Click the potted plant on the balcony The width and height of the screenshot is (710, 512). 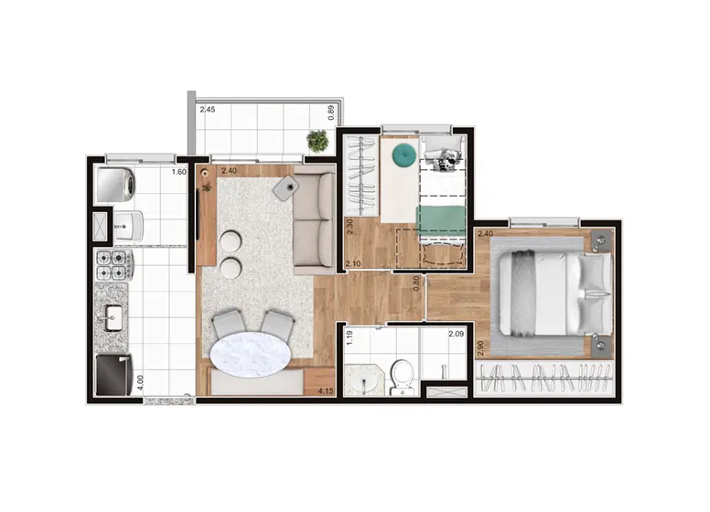point(317,141)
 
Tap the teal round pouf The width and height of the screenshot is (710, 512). point(403,155)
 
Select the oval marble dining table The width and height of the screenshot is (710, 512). point(251,355)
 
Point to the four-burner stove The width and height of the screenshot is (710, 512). point(113,265)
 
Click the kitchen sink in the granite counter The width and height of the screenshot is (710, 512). point(113,318)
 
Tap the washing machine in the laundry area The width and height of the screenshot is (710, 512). point(116,185)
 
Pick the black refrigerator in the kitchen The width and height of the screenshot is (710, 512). point(113,375)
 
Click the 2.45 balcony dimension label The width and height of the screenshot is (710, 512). point(208,110)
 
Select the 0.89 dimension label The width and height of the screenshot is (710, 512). point(330,112)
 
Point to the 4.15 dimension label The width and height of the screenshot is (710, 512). point(326,391)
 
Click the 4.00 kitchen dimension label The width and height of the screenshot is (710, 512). point(140,382)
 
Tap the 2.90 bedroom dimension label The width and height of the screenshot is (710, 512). point(481,348)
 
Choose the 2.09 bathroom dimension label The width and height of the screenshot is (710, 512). point(456,335)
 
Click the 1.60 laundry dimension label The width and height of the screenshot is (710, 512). point(178,172)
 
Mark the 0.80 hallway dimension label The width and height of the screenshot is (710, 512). point(416,283)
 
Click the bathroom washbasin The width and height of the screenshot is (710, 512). point(363,381)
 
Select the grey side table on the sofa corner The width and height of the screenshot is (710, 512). point(285,188)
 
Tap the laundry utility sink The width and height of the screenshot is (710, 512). point(128,225)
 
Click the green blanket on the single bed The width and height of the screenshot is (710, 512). point(441,220)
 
